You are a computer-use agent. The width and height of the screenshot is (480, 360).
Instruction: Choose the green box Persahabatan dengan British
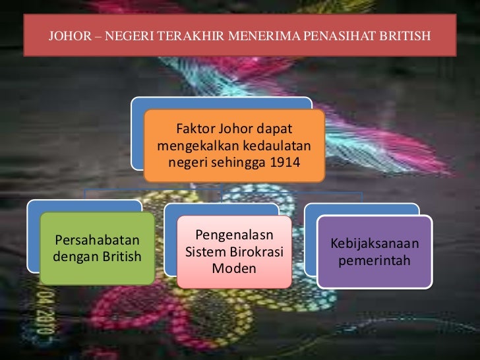tap(97, 248)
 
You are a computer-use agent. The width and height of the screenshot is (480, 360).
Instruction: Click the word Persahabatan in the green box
tap(97, 239)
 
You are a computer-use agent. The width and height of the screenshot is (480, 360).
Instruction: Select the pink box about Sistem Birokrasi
tap(234, 251)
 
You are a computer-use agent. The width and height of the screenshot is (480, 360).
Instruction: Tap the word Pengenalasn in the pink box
tap(234, 235)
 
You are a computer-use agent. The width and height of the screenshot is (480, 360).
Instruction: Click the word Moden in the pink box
tap(234, 268)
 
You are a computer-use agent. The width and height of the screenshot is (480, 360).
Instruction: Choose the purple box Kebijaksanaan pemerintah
tap(374, 252)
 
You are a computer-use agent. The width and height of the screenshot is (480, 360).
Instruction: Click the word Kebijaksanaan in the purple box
tap(374, 244)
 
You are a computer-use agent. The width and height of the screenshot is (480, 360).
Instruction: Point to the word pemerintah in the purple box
tap(374, 260)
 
